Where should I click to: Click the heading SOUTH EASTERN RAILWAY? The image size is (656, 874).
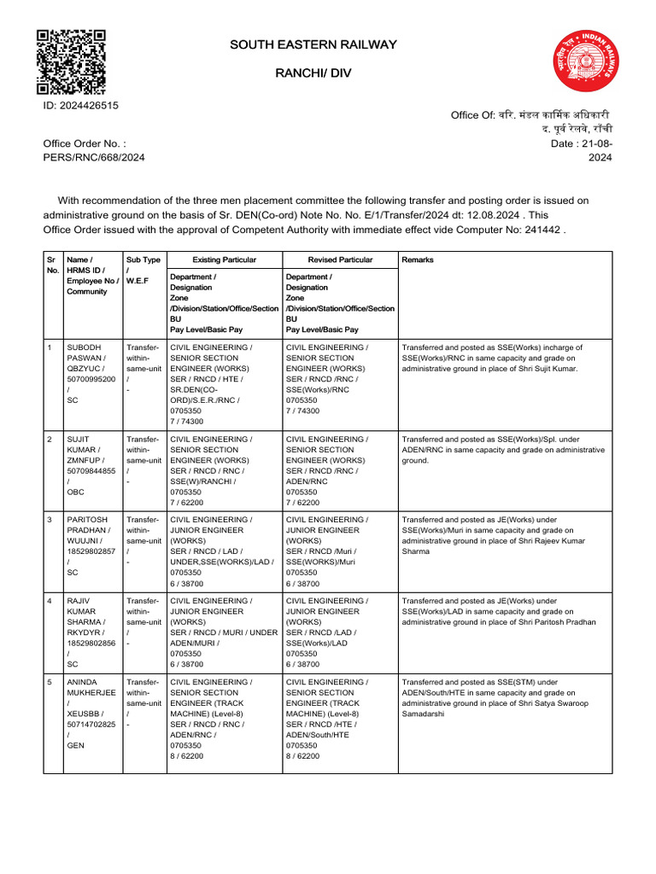pyautogui.click(x=313, y=44)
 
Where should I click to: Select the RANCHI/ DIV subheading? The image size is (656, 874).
pyautogui.click(x=313, y=74)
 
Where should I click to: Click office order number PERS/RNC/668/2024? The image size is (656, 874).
pyautogui.click(x=94, y=157)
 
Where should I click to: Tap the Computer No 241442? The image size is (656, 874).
pyautogui.click(x=545, y=230)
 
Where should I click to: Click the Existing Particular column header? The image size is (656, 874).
pyautogui.click(x=224, y=259)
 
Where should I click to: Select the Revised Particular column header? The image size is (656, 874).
pyautogui.click(x=340, y=259)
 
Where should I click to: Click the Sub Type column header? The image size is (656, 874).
pyautogui.click(x=143, y=259)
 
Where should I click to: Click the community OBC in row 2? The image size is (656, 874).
pyautogui.click(x=76, y=492)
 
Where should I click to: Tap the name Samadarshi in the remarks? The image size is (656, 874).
pyautogui.click(x=423, y=714)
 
